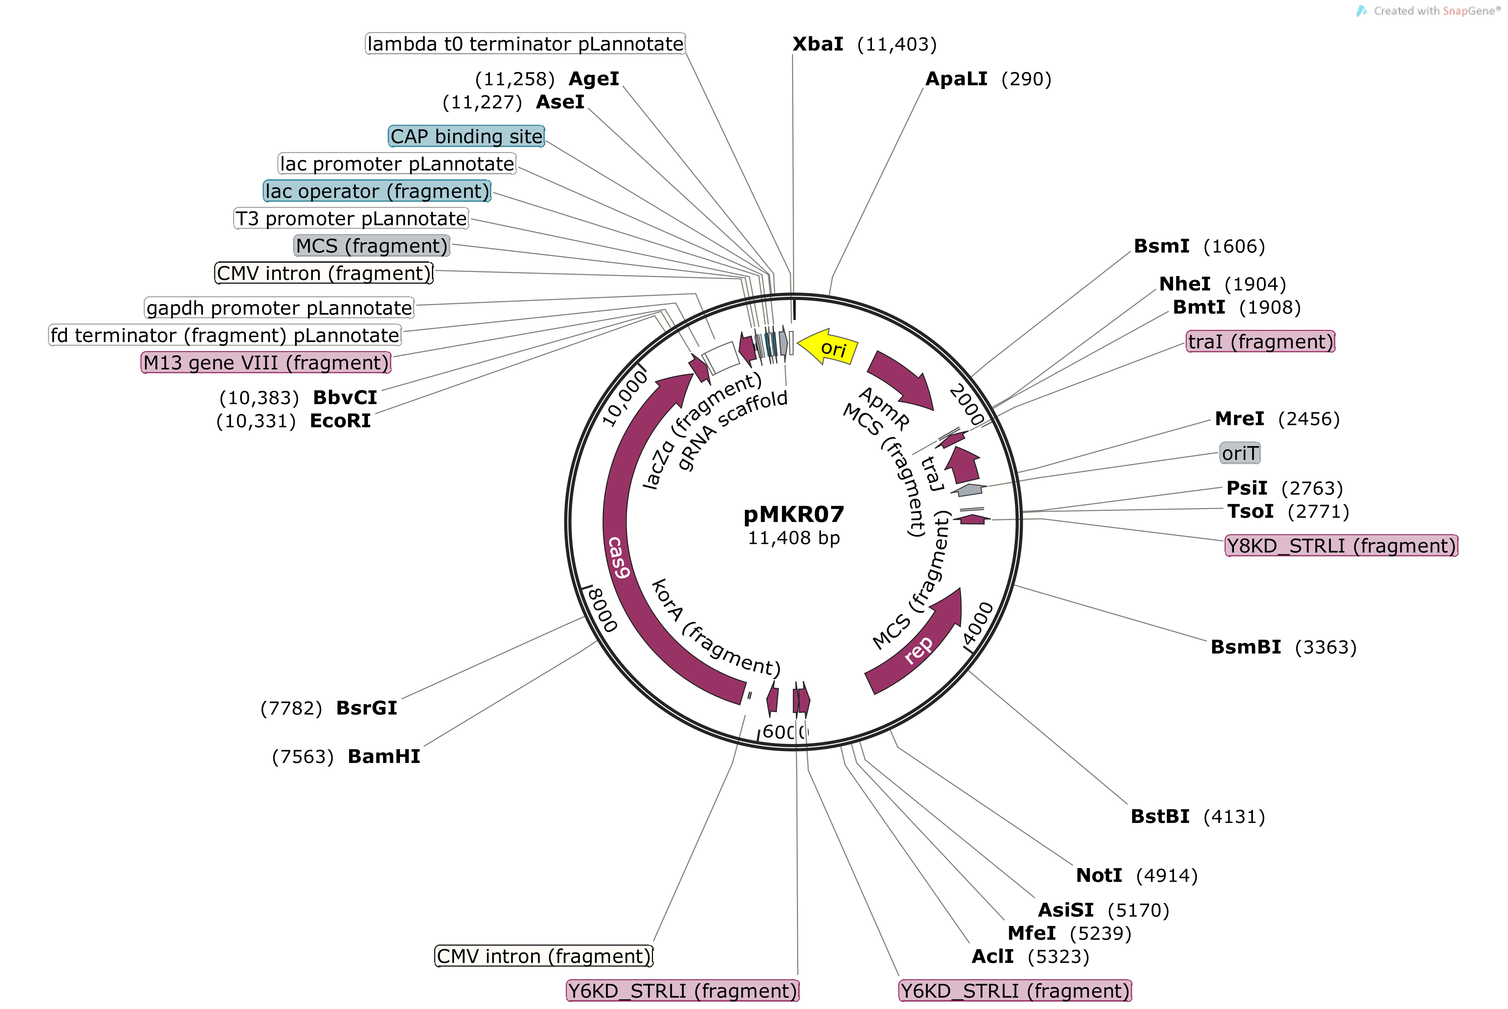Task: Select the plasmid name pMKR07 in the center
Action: coord(794,514)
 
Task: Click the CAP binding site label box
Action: coord(467,136)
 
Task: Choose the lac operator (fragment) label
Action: coord(377,191)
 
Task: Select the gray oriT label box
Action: coord(1239,453)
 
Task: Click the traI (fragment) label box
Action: coord(1260,341)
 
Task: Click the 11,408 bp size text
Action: coord(794,538)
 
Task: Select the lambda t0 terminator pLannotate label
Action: coord(525,44)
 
